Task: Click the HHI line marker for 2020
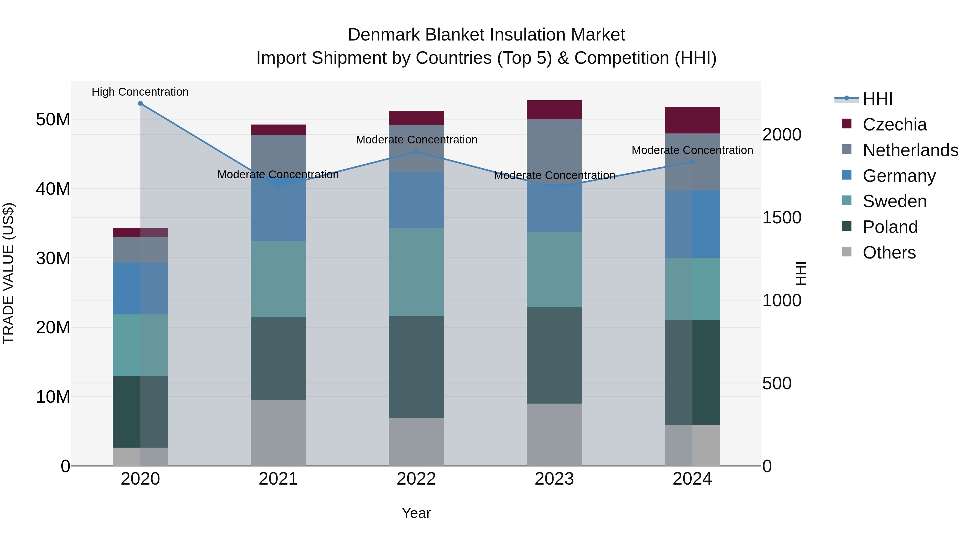tap(140, 103)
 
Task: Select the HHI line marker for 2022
tap(416, 152)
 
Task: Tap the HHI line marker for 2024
tap(692, 162)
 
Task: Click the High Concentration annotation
tap(140, 92)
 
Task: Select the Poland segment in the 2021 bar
tap(278, 359)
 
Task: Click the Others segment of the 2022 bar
tap(416, 442)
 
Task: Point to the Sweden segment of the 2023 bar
tap(554, 270)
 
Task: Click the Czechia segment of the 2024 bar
tap(692, 120)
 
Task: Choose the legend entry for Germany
tap(899, 176)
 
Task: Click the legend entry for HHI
tap(877, 99)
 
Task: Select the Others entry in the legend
tap(889, 253)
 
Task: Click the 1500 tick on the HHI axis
tap(781, 217)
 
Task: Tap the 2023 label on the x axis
tap(554, 479)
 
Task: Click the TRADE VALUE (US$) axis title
tap(8, 273)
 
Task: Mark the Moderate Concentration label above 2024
tap(692, 150)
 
